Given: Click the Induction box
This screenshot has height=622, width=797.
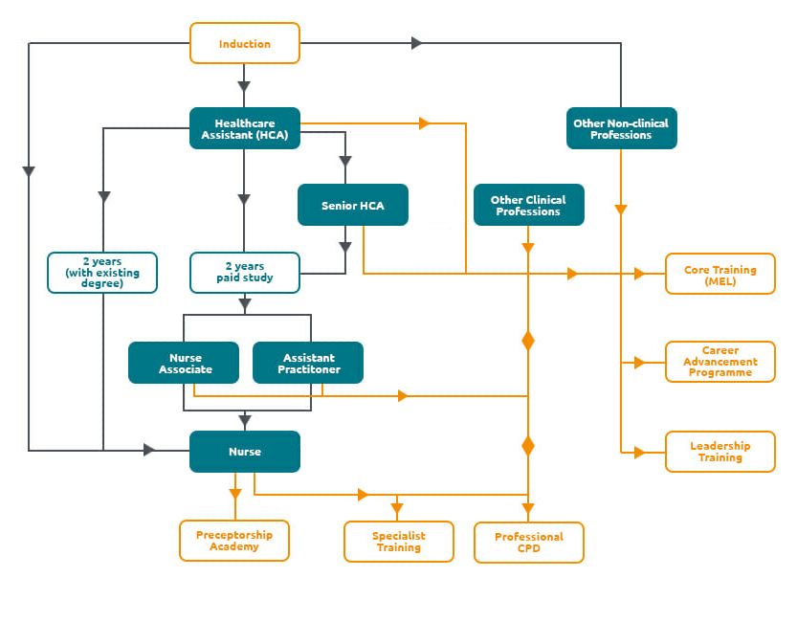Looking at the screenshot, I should coord(245,44).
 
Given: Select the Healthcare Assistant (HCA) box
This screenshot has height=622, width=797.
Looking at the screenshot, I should coord(245,128).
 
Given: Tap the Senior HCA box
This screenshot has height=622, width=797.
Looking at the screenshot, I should coord(352,205).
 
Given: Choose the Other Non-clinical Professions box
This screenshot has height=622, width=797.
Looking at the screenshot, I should coord(621,128).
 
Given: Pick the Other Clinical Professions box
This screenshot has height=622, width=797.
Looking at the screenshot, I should coord(528,205).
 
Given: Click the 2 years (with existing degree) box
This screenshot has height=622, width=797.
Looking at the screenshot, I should coord(102,272).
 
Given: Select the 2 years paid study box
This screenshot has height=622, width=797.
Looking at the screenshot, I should coord(245,272).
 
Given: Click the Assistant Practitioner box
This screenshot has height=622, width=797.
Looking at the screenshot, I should coord(308,363).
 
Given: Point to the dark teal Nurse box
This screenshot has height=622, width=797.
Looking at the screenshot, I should coord(245,452).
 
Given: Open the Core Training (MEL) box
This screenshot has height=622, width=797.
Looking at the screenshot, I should coord(720,274).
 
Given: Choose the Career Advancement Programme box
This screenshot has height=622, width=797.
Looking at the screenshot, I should coord(720,362).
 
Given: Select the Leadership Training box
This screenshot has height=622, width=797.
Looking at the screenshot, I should coord(720,452).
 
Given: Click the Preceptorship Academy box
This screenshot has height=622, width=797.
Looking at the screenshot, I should coord(233,541).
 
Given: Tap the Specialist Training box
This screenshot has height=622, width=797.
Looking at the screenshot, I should coord(398,542).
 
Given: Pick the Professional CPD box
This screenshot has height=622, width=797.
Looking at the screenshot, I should coord(528,543).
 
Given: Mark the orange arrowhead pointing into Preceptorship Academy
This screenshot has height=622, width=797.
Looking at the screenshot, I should coord(234,493).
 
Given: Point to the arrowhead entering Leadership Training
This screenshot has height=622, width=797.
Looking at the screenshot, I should coord(639,453).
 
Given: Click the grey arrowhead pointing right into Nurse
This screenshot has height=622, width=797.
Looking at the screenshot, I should coord(149,450).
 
